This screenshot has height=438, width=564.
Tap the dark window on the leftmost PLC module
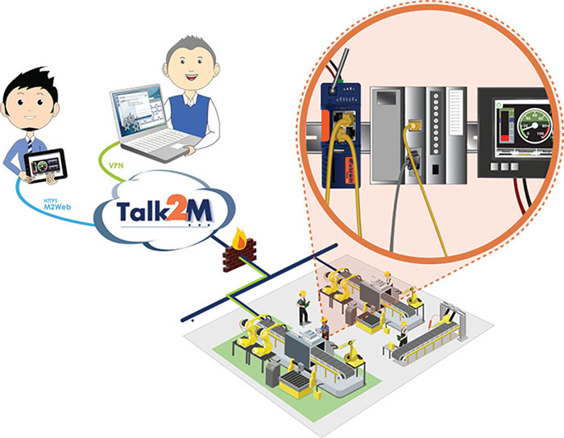(x=384, y=97)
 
